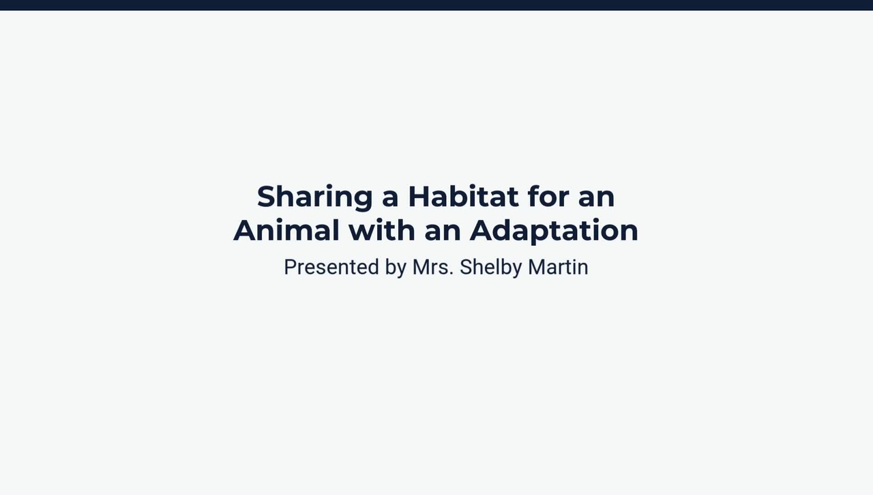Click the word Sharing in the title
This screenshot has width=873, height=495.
click(x=314, y=197)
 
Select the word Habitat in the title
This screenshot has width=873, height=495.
click(x=463, y=197)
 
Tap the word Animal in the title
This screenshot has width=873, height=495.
click(x=286, y=230)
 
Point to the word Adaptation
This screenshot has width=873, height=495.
click(x=554, y=231)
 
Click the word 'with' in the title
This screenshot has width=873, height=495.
click(x=382, y=230)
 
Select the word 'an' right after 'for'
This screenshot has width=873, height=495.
click(x=597, y=197)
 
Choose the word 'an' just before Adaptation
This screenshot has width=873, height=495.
click(x=443, y=231)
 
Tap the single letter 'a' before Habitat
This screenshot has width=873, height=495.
click(x=389, y=197)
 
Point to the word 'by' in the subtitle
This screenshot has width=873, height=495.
click(x=396, y=268)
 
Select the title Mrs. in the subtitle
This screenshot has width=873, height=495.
click(x=432, y=267)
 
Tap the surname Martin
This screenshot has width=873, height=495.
click(x=558, y=267)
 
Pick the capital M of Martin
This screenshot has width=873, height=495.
click(x=536, y=267)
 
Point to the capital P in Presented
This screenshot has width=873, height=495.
click(x=290, y=267)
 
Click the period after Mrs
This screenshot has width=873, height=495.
click(x=452, y=274)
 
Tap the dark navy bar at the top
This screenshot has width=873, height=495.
click(x=436, y=5)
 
